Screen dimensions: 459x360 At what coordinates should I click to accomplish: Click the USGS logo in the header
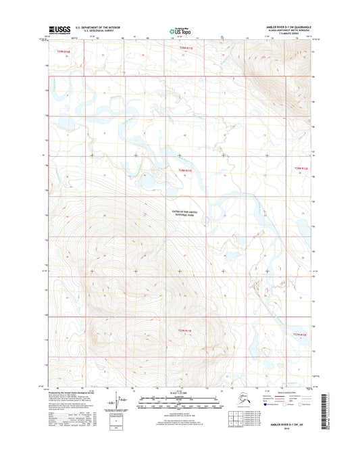click(x=60, y=30)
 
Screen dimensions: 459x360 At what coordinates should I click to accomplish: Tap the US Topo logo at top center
click(x=179, y=31)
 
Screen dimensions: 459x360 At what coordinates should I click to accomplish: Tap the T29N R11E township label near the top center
click(x=186, y=48)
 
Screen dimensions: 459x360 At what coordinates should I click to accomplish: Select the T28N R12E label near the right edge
click(x=300, y=169)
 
